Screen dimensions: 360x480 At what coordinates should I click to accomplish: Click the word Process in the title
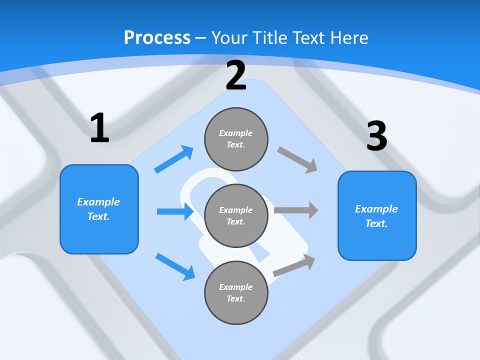(157, 38)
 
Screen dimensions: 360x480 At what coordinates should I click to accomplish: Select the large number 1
(99, 128)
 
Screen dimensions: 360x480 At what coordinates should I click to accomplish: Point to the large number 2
(236, 75)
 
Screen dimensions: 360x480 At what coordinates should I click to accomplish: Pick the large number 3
(376, 136)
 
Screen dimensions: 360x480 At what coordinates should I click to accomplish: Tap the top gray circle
(236, 139)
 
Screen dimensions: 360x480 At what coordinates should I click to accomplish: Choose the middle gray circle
(236, 215)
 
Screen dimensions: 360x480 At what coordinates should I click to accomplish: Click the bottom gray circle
(236, 292)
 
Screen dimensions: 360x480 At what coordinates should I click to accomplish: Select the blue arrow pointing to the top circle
(174, 159)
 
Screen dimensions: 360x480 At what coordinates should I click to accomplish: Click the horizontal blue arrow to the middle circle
(175, 211)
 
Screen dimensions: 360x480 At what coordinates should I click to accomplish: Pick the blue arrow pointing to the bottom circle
(175, 266)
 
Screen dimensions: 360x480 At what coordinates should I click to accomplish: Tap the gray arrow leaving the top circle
(297, 159)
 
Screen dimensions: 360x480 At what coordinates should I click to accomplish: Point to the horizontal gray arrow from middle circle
(296, 210)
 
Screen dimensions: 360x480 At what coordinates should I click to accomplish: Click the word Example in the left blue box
(98, 202)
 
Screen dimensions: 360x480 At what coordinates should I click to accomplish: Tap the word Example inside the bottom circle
(235, 287)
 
